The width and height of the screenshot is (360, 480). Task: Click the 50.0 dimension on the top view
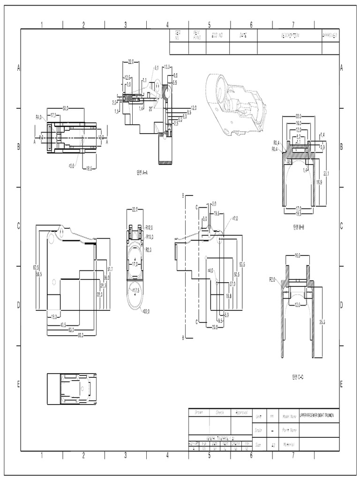pos(66,108)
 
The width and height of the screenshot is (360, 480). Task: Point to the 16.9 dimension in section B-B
pos(318,182)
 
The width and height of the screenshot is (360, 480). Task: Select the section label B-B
pos(299,227)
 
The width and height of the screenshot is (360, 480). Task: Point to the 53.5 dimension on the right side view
pos(242,264)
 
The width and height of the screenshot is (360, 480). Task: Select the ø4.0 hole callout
pos(210,270)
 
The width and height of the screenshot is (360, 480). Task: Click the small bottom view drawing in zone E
pos(72,389)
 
